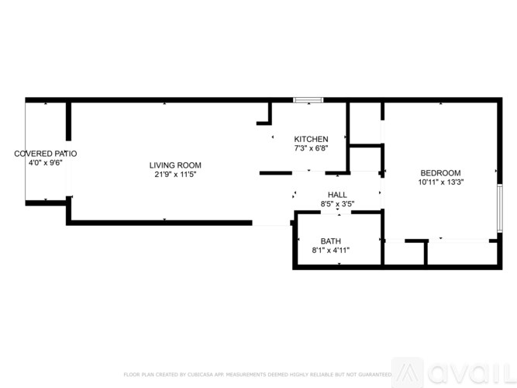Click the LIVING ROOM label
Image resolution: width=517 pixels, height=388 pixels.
(x=175, y=165)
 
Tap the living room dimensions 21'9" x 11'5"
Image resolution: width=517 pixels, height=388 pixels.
(x=175, y=175)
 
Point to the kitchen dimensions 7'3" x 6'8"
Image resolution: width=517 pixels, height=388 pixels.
(x=310, y=148)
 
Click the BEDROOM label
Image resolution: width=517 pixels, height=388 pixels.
(x=440, y=172)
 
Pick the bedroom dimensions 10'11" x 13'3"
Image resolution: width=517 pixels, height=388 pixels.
(x=440, y=182)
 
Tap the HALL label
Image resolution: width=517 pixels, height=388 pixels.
(x=338, y=195)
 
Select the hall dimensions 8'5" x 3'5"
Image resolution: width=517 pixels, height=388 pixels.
(x=338, y=204)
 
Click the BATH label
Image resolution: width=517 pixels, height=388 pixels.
(x=331, y=241)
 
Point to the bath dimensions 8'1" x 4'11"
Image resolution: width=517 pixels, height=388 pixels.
(x=331, y=251)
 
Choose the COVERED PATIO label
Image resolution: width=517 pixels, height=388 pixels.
(x=46, y=154)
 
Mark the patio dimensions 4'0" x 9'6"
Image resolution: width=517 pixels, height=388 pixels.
(x=46, y=163)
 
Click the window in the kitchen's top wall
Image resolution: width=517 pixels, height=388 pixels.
(x=307, y=99)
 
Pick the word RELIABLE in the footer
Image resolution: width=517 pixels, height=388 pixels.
(x=325, y=374)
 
